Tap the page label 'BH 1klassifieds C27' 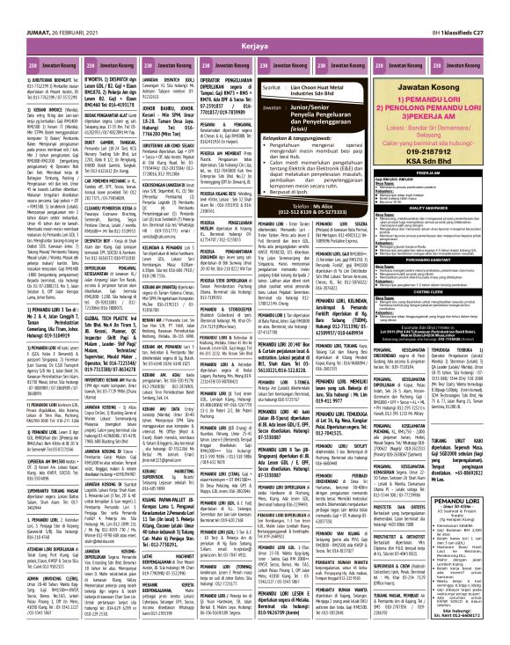coord(463,6)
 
